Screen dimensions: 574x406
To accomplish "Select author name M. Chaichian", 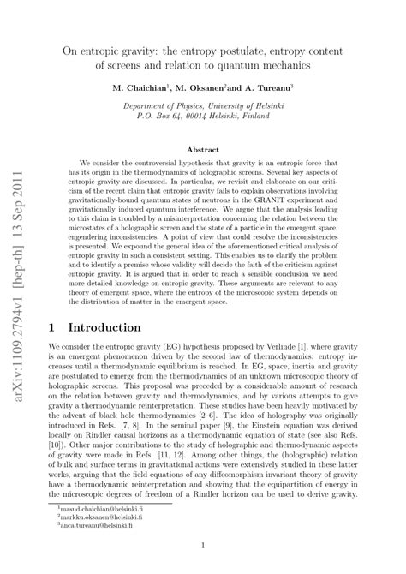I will coord(143,87).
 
